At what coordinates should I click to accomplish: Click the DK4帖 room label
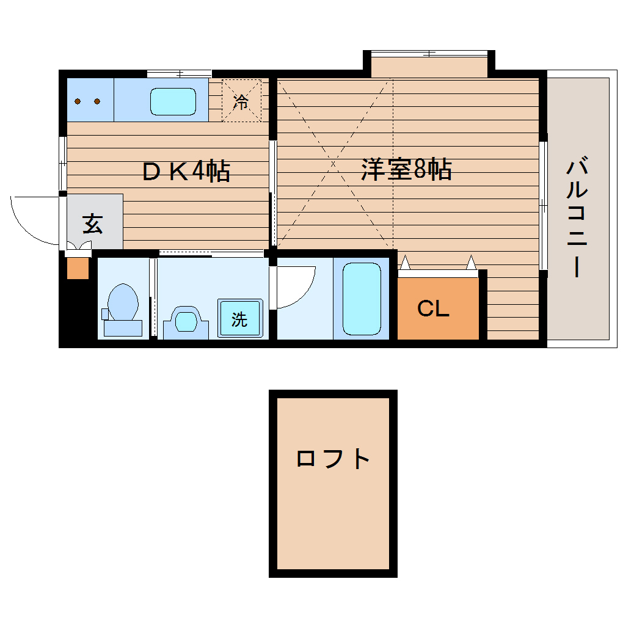186,172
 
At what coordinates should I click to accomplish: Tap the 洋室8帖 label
406,169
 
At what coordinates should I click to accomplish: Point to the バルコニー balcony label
577,217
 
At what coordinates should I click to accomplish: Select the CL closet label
433,309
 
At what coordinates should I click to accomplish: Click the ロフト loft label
333,458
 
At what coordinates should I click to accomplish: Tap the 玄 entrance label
92,224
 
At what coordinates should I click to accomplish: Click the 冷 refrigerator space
241,101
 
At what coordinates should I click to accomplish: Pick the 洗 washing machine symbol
239,318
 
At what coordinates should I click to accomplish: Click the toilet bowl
122,302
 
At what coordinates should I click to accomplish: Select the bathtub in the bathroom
362,299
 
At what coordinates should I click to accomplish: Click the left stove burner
78,101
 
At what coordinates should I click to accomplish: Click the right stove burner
97,101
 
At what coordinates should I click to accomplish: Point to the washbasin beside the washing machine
186,320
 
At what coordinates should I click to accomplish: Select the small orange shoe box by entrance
78,269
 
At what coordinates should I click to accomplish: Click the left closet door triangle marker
405,263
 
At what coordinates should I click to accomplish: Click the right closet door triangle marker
471,263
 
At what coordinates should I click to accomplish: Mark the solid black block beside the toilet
77,311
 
